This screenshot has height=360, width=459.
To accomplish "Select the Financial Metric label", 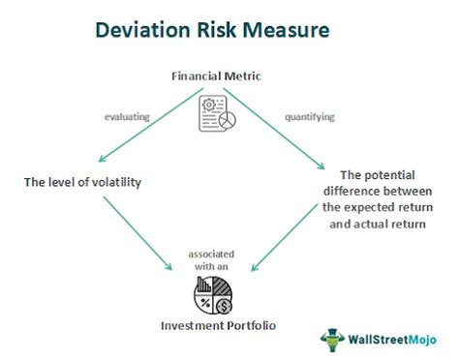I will click(x=229, y=75).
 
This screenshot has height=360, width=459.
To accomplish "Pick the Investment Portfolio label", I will click(x=229, y=326).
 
